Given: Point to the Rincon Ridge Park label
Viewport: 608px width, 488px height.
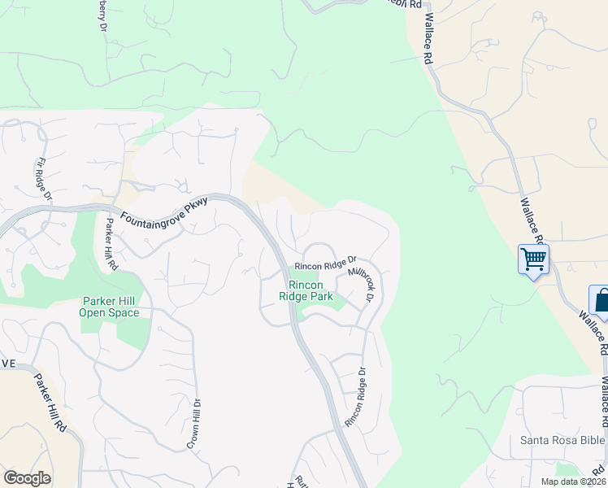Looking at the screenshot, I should pos(306,290).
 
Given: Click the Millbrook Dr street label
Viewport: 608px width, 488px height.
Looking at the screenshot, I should pos(359,284).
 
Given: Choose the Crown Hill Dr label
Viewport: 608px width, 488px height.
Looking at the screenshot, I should pos(193,424).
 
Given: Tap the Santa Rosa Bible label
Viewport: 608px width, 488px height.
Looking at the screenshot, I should pos(562,441).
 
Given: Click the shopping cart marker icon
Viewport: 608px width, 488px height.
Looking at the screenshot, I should pos(533,259).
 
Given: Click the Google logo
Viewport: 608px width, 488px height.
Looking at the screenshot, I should pos(27,478).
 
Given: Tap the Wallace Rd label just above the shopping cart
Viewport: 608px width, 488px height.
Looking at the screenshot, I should pos(534,218).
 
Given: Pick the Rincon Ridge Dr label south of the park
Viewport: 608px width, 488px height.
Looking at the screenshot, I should pos(355,397).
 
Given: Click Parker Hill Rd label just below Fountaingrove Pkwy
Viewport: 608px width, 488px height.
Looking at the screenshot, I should pos(109,245).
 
